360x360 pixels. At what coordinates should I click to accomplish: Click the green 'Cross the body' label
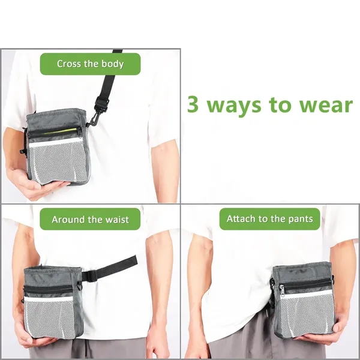pyautogui.click(x=90, y=64)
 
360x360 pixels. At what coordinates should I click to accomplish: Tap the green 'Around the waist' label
pyautogui.click(x=90, y=219)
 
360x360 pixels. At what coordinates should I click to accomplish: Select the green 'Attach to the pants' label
pyautogui.click(x=269, y=219)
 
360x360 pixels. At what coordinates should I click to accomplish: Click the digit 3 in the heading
pyautogui.click(x=193, y=104)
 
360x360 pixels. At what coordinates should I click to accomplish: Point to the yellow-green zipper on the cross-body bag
pyautogui.click(x=60, y=130)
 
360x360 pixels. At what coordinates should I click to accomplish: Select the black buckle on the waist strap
pyautogui.click(x=90, y=275)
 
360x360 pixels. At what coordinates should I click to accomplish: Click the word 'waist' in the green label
pyautogui.click(x=115, y=219)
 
